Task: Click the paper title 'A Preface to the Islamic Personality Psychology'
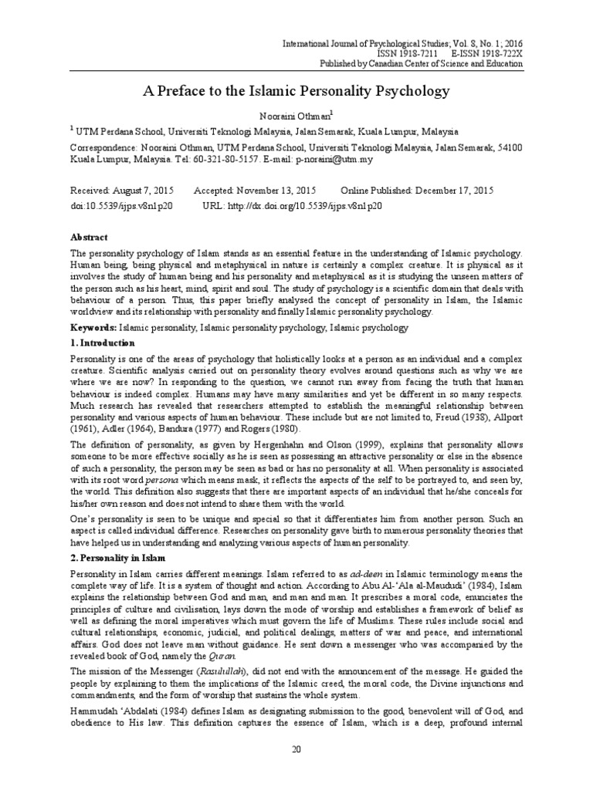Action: [296, 91]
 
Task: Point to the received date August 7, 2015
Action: [143, 191]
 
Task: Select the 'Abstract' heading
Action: [90, 238]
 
